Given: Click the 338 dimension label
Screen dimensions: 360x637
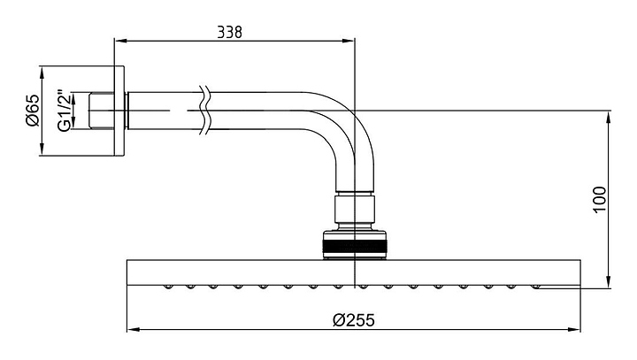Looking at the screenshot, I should pos(231,31).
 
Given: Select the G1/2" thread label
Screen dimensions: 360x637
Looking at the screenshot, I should pos(63,111).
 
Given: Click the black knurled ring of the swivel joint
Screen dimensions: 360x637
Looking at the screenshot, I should pos(354,245).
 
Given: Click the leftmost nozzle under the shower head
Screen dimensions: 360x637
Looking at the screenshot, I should pos(166,287).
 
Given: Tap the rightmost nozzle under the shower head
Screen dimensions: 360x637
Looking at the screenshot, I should pos(537,287).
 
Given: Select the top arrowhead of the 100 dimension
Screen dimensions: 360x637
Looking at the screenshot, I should pos(610,114).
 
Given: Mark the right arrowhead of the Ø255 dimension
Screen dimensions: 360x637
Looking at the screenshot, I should pos(576,331).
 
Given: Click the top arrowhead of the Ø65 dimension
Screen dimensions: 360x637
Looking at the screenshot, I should pos(42,69).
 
